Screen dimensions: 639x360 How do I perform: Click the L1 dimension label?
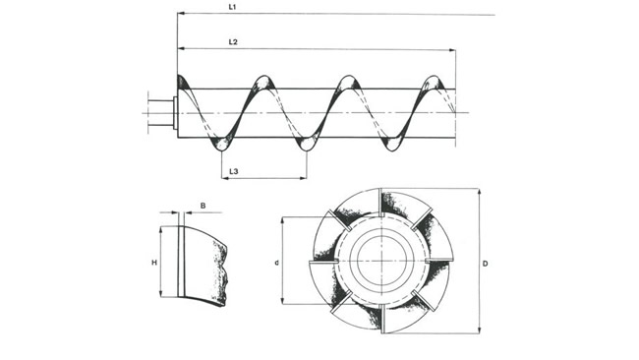click(232, 7)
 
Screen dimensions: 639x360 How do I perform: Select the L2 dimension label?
click(233, 42)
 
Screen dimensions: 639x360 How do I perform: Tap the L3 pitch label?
click(234, 171)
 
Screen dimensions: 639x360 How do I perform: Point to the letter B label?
click(203, 206)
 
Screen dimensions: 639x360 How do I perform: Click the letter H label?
click(154, 263)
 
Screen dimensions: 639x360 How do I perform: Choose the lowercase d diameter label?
click(276, 263)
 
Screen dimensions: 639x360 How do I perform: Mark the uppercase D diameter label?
click(485, 264)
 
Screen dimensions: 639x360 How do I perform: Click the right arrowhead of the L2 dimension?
click(452, 50)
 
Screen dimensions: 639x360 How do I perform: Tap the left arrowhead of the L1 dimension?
click(181, 14)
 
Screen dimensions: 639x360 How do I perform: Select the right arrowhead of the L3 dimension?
click(303, 178)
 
